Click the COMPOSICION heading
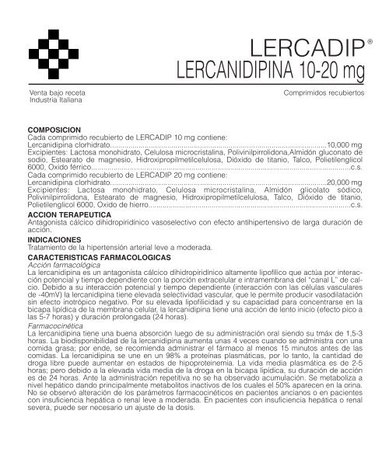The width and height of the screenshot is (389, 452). click(x=54, y=130)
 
